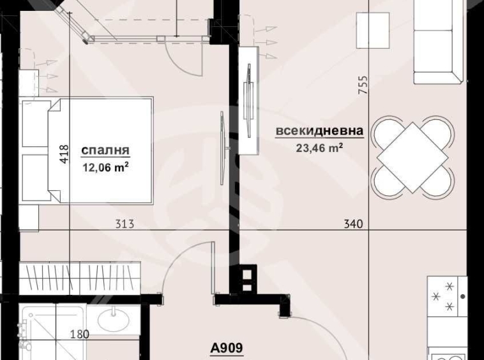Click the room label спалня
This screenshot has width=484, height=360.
pyautogui.click(x=106, y=151)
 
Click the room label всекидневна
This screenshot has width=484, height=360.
pyautogui.click(x=319, y=131)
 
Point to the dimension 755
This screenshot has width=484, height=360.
pyautogui.click(x=363, y=85)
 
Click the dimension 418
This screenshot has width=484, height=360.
pyautogui.click(x=63, y=156)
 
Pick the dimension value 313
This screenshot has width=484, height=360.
pyautogui.click(x=125, y=224)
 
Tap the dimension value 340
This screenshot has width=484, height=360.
pyautogui.click(x=352, y=224)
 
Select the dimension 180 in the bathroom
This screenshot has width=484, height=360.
pyautogui.click(x=79, y=334)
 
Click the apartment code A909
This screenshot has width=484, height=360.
pyautogui.click(x=227, y=349)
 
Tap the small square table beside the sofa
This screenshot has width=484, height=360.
pyautogui.click(x=372, y=28)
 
